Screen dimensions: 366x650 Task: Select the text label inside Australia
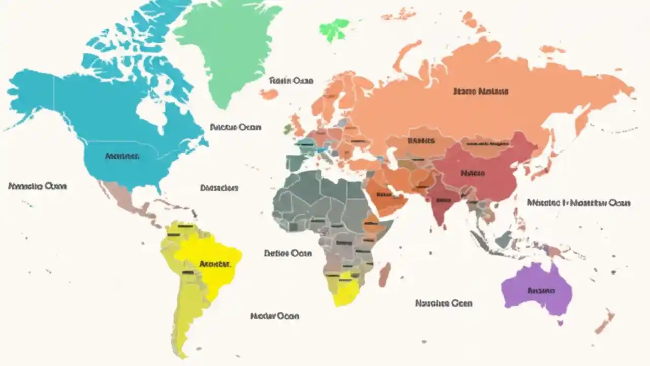point(541,291)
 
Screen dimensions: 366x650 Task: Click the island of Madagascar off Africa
point(385,274)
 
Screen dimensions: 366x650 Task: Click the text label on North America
point(122,156)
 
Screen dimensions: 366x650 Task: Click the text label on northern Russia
point(480,92)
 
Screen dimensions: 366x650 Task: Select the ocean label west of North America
point(38,186)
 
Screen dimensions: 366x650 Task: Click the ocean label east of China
point(579,203)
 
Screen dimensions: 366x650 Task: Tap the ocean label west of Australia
point(444,303)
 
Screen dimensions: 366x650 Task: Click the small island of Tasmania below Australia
point(561,323)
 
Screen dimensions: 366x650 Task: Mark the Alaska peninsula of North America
point(30,94)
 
